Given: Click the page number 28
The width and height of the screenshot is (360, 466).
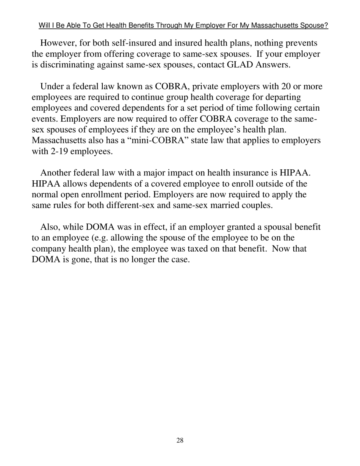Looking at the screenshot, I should [180, 440].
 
